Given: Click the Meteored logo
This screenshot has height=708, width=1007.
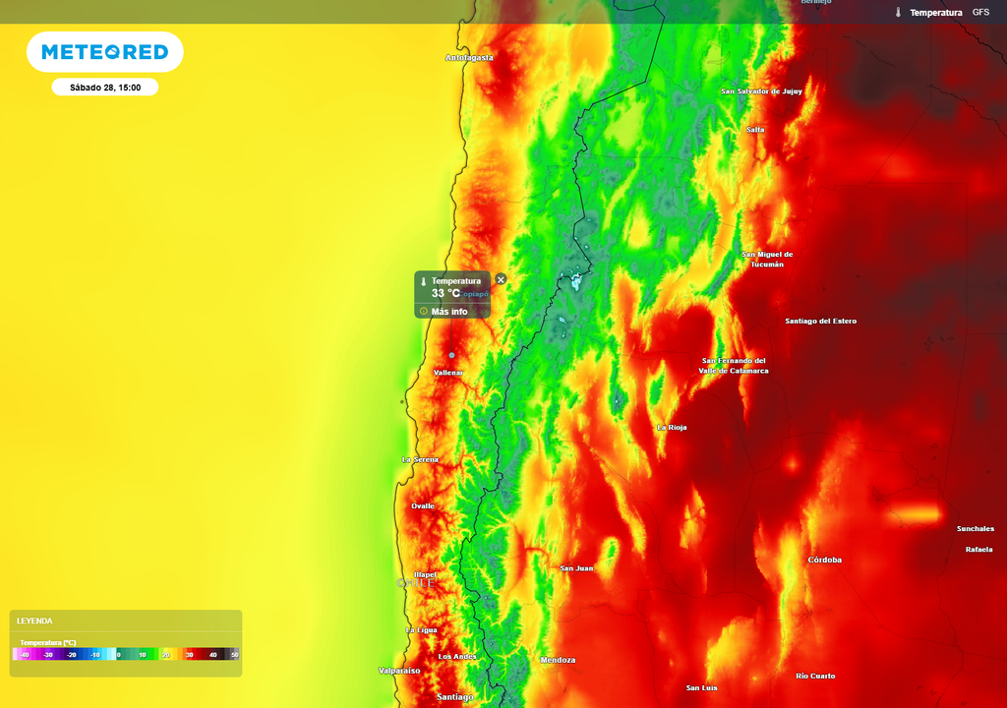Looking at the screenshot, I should (104, 52).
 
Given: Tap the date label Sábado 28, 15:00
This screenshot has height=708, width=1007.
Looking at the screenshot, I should (105, 88).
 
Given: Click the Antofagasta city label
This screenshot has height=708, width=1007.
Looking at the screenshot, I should (469, 58).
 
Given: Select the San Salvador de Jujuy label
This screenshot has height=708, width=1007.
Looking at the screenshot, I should (761, 91).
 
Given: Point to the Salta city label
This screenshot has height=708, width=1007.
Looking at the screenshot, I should (755, 130).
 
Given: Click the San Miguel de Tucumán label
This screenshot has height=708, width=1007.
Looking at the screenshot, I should (766, 260).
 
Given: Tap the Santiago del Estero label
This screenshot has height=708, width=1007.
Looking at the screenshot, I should (820, 322).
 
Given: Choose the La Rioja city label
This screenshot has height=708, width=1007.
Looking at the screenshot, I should (672, 428).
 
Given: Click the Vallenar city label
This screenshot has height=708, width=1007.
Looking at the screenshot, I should (448, 373).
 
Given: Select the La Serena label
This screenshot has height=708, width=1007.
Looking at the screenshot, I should (420, 460).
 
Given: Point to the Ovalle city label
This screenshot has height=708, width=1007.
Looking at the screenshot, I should (423, 506).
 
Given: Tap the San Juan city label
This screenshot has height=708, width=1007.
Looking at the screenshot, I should (576, 568).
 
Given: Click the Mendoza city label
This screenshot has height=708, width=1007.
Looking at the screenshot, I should (558, 660).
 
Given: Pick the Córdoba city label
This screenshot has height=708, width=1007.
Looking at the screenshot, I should (824, 560).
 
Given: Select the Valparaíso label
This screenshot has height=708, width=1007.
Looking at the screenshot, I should (399, 671).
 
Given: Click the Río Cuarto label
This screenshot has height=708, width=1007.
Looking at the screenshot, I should (815, 676).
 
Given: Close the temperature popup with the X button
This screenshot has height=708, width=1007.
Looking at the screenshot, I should (501, 280).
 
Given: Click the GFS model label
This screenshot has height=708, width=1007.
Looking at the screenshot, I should (980, 12).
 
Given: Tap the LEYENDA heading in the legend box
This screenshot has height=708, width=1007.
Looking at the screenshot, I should (34, 620).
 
